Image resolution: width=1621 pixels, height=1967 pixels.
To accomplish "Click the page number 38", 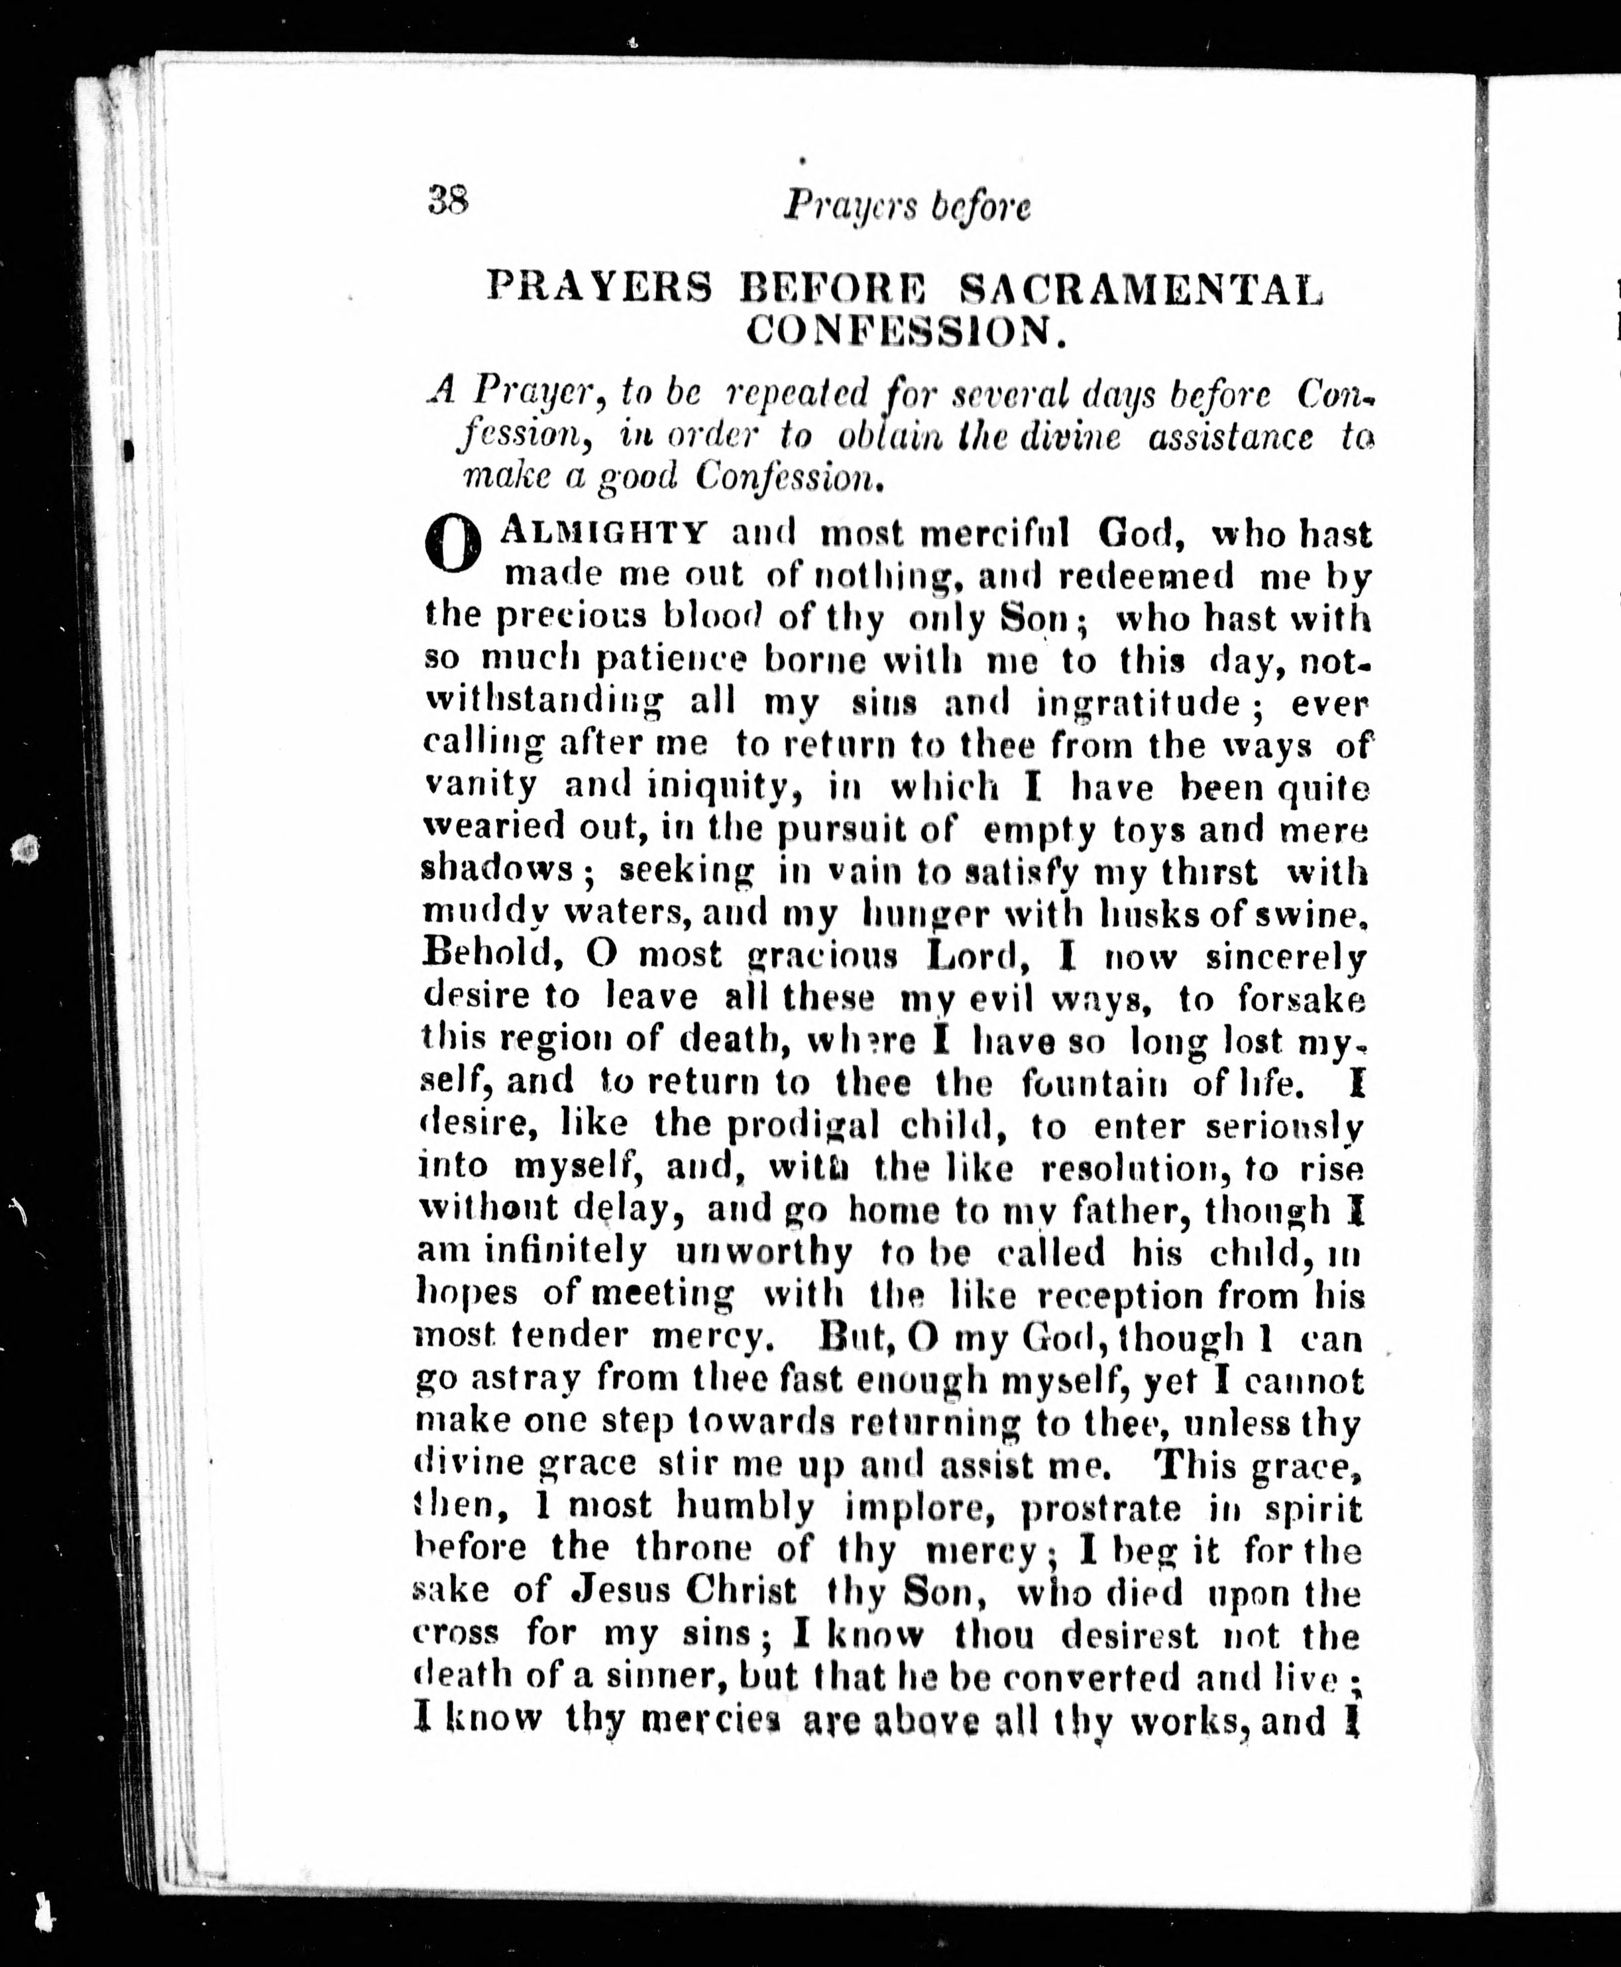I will click(x=447, y=199).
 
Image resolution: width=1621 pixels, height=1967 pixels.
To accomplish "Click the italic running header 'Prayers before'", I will click(x=907, y=206).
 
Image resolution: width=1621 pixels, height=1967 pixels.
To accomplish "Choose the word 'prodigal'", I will click(x=803, y=1126).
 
